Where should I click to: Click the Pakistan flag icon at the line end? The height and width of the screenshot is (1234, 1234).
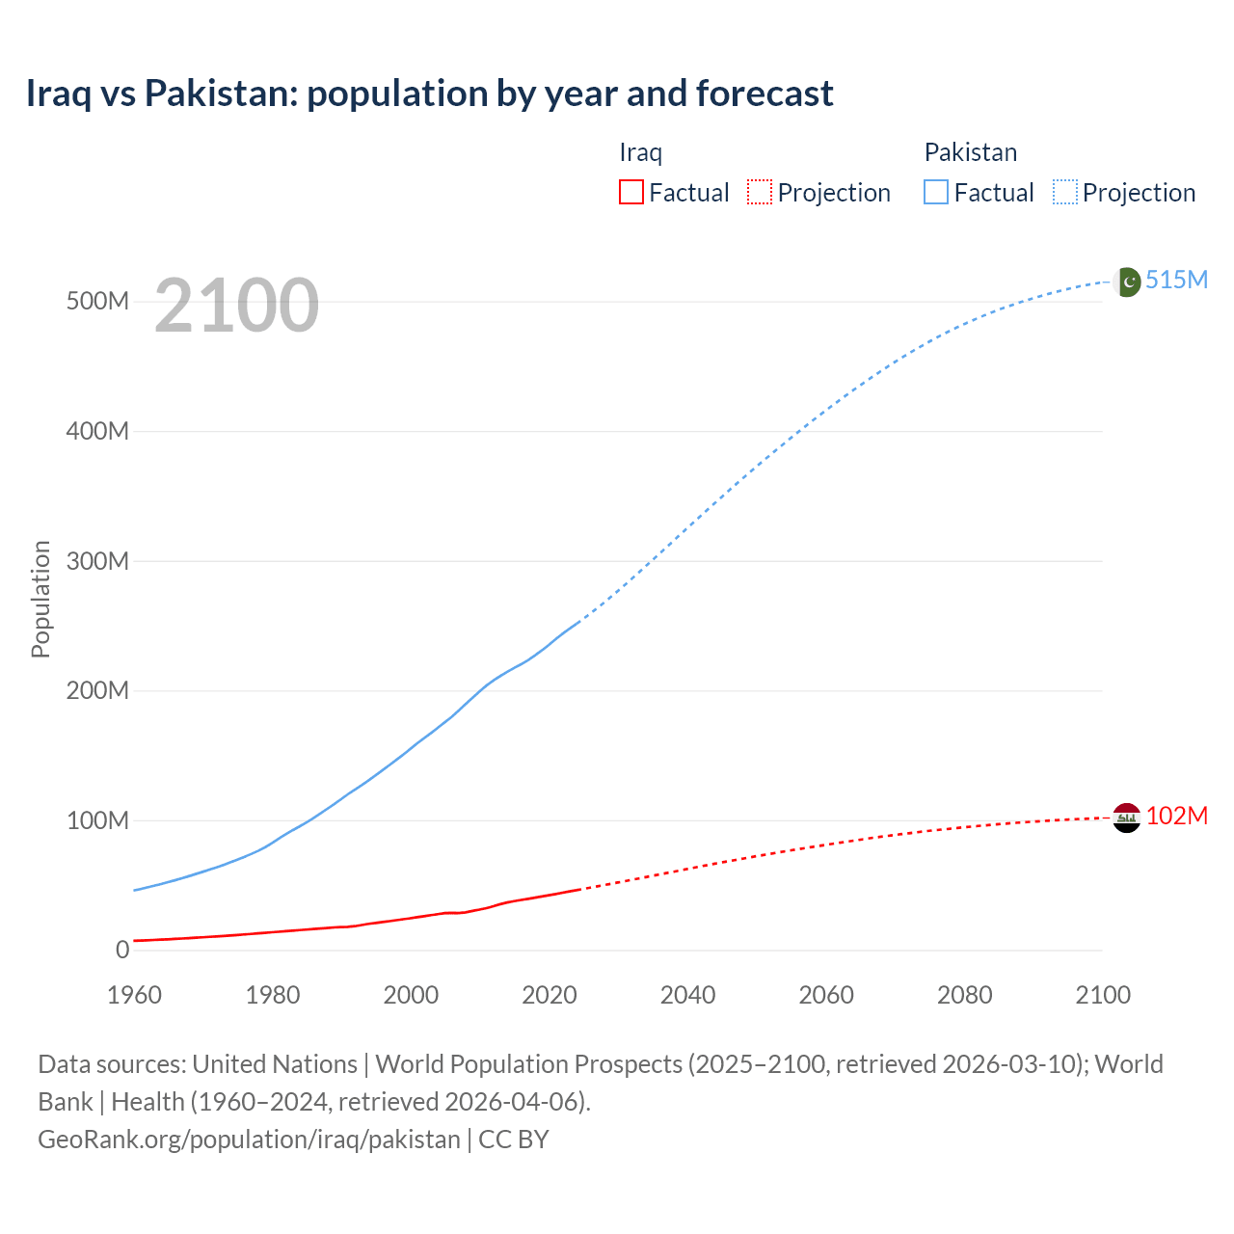tap(1127, 282)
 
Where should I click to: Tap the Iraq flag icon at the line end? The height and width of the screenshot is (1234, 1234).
tap(1127, 818)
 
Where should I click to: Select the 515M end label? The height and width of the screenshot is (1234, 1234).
tap(1176, 280)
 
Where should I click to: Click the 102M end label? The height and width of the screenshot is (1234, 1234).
tap(1176, 816)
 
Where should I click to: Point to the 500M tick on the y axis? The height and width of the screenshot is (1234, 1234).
tap(97, 301)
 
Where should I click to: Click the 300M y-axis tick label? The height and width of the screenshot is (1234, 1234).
tap(97, 561)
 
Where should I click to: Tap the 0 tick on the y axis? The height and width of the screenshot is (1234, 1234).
tap(121, 950)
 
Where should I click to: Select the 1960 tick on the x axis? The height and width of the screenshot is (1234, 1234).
tap(134, 995)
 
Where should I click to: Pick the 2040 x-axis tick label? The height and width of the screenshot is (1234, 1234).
tap(687, 995)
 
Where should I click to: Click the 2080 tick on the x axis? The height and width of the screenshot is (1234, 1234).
tap(964, 995)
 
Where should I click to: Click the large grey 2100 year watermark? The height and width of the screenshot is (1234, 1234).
tap(236, 306)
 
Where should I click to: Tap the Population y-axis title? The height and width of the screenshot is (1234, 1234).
tap(40, 599)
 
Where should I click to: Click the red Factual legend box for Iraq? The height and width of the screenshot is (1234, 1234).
tap(630, 192)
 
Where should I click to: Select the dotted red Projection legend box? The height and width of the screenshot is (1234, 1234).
tap(760, 192)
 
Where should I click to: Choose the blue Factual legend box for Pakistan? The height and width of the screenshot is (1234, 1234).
tap(936, 192)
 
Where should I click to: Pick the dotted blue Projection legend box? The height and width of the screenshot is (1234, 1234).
tap(1065, 192)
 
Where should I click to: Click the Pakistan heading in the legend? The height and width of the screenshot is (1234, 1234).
tap(970, 152)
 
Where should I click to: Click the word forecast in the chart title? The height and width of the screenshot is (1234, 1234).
tap(765, 94)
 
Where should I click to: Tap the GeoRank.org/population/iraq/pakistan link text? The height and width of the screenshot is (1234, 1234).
tap(249, 1139)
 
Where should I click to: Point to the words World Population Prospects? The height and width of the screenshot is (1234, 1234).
tap(528, 1063)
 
